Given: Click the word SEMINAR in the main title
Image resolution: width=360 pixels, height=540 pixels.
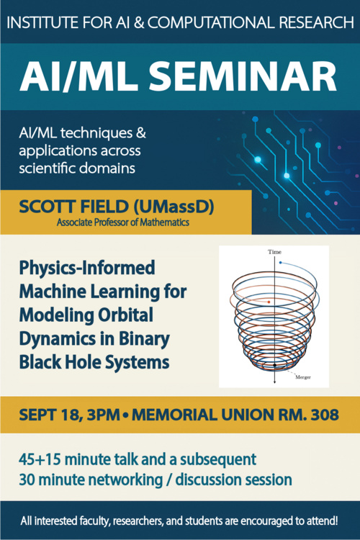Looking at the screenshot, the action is [x=242, y=76].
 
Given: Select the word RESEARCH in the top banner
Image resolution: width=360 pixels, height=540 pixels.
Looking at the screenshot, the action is [x=316, y=23].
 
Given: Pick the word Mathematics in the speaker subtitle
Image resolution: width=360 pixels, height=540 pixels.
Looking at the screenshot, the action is [x=165, y=222].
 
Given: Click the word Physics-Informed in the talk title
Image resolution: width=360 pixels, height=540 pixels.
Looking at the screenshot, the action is [x=87, y=268].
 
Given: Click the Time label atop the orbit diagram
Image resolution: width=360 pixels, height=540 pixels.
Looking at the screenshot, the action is [x=274, y=252].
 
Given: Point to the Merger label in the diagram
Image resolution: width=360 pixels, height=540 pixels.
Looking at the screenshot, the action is [x=303, y=377].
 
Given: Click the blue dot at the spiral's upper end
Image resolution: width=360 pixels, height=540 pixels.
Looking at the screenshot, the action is [x=280, y=263].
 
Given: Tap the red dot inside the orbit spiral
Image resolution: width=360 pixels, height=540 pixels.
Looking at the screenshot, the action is [x=269, y=302].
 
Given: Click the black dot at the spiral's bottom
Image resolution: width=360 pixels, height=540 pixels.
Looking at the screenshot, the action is [x=274, y=365].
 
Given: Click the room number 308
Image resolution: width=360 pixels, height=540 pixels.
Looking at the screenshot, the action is [x=325, y=415].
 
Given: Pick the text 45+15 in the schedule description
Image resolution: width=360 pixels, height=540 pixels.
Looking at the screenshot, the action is [x=40, y=459].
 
